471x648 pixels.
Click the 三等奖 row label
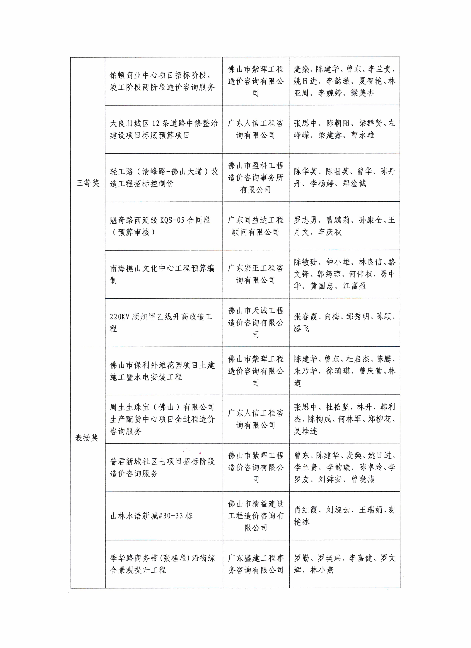point(88,183)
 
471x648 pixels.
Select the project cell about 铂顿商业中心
point(162,81)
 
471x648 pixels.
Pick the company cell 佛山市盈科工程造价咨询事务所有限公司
point(256,177)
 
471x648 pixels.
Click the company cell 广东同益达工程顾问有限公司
point(256,226)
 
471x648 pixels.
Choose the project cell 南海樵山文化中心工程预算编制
point(162,274)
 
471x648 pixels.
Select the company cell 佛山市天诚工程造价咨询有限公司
point(256,323)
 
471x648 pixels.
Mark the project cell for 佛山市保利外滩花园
point(162,371)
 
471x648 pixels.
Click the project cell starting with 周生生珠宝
point(162,419)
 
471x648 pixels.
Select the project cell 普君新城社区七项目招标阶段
point(162,467)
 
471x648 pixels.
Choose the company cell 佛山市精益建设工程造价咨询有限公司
point(256,516)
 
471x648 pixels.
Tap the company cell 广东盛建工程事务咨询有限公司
point(256,564)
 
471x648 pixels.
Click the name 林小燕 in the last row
point(322,570)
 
